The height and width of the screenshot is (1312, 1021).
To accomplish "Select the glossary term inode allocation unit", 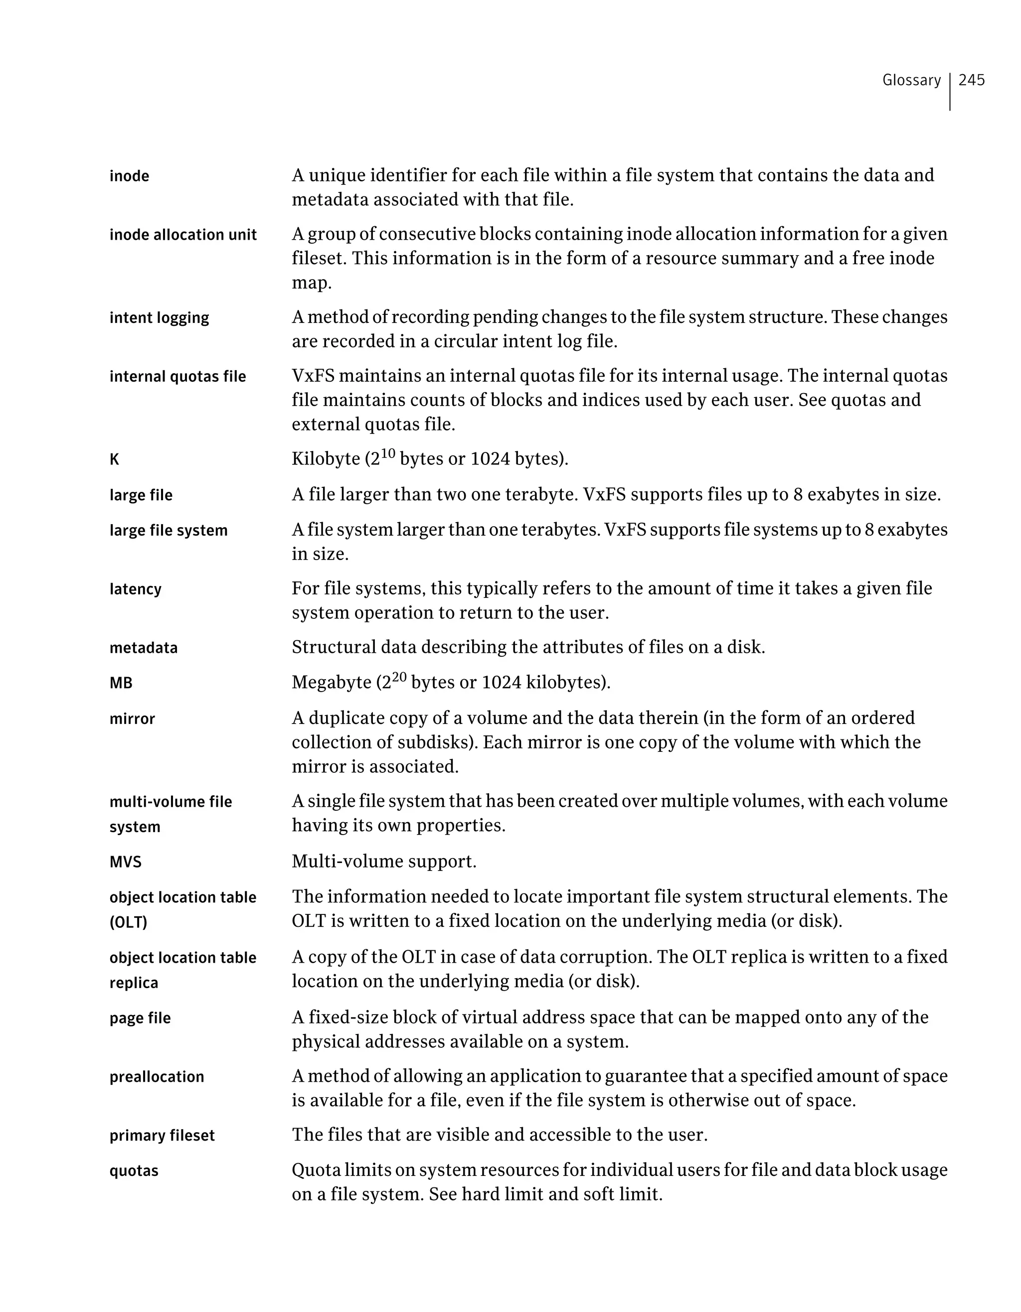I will tap(182, 235).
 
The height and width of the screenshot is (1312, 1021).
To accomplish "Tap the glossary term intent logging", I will tap(159, 318).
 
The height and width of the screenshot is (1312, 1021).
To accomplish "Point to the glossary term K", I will tap(114, 459).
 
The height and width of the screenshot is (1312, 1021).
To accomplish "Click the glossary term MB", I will tap(121, 683).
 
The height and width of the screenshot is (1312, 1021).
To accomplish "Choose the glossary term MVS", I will tap(125, 862).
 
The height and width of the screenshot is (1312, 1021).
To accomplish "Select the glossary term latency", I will tap(135, 589).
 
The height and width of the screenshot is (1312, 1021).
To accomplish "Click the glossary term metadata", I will tap(143, 648).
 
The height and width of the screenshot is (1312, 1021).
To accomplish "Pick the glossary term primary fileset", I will tap(162, 1136).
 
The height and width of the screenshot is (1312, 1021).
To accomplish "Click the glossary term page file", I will tap(140, 1018).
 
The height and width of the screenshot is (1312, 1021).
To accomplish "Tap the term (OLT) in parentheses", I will tap(128, 922).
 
